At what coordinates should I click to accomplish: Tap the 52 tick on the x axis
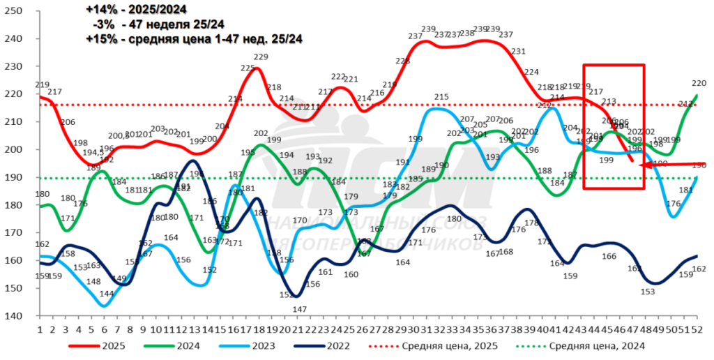tap(695, 329)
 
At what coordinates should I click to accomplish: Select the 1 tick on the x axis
tap(40, 329)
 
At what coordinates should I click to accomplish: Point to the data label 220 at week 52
tap(699, 83)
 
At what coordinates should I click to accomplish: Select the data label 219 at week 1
tap(41, 84)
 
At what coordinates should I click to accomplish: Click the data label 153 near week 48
tap(648, 292)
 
